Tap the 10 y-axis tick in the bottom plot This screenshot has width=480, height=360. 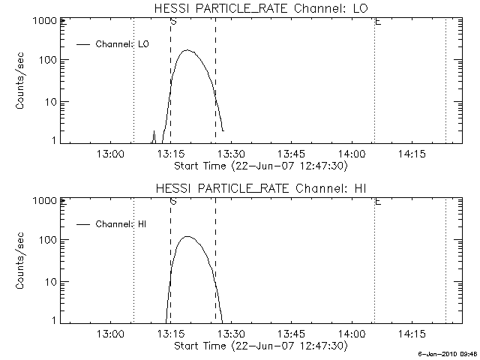click(51, 281)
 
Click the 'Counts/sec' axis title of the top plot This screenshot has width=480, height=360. click(23, 81)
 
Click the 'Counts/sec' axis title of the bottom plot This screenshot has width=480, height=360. click(23, 261)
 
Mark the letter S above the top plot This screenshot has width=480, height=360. click(173, 22)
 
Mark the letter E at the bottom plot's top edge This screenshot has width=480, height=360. click(377, 202)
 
